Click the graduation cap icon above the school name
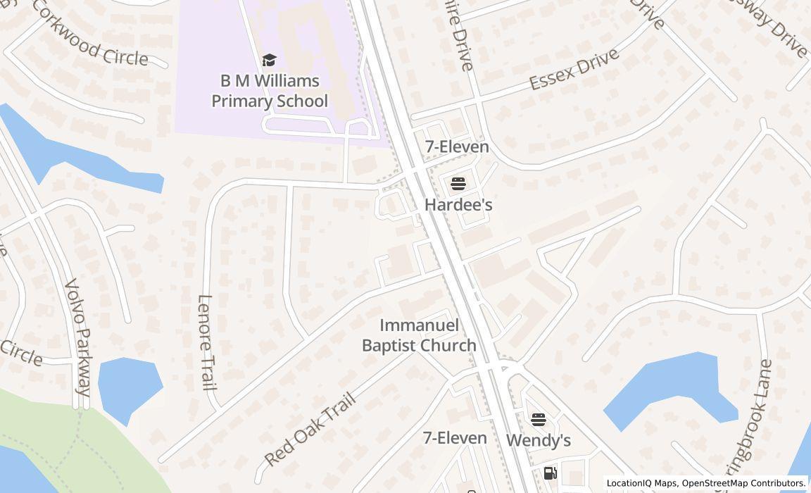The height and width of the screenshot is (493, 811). pyautogui.click(x=269, y=60)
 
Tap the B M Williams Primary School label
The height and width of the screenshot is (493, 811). pyautogui.click(x=270, y=91)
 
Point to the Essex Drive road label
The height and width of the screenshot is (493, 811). pyautogui.click(x=574, y=69)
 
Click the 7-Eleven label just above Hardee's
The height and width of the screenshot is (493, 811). pyautogui.click(x=457, y=146)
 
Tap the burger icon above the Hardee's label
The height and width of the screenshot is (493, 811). pyautogui.click(x=458, y=185)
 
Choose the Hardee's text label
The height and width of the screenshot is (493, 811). pyautogui.click(x=458, y=204)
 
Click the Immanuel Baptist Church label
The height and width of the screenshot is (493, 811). pyautogui.click(x=419, y=335)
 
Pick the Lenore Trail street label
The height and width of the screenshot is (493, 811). pyautogui.click(x=205, y=342)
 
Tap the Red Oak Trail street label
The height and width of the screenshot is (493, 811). pyautogui.click(x=310, y=430)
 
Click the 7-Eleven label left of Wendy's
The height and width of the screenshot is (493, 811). pyautogui.click(x=455, y=438)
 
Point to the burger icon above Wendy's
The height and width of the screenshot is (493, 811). pyautogui.click(x=539, y=420)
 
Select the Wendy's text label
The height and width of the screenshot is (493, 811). pyautogui.click(x=539, y=440)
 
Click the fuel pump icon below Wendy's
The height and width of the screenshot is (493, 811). pyautogui.click(x=551, y=473)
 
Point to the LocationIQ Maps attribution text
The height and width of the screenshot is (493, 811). pyautogui.click(x=642, y=483)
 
